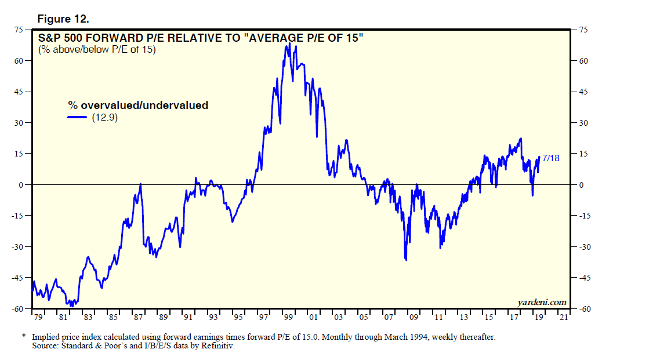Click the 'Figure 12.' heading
(x=63, y=19)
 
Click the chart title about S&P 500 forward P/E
(x=201, y=39)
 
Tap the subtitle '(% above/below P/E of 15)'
(x=97, y=49)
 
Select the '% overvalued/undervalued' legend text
(x=138, y=106)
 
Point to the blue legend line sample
(x=77, y=117)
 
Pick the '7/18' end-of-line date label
(x=550, y=158)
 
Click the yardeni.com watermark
(x=541, y=302)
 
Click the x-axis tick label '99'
(x=288, y=318)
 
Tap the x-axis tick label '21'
(x=564, y=318)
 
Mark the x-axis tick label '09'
(x=413, y=318)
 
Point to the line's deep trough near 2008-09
(x=405, y=260)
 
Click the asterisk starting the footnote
(x=24, y=336)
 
